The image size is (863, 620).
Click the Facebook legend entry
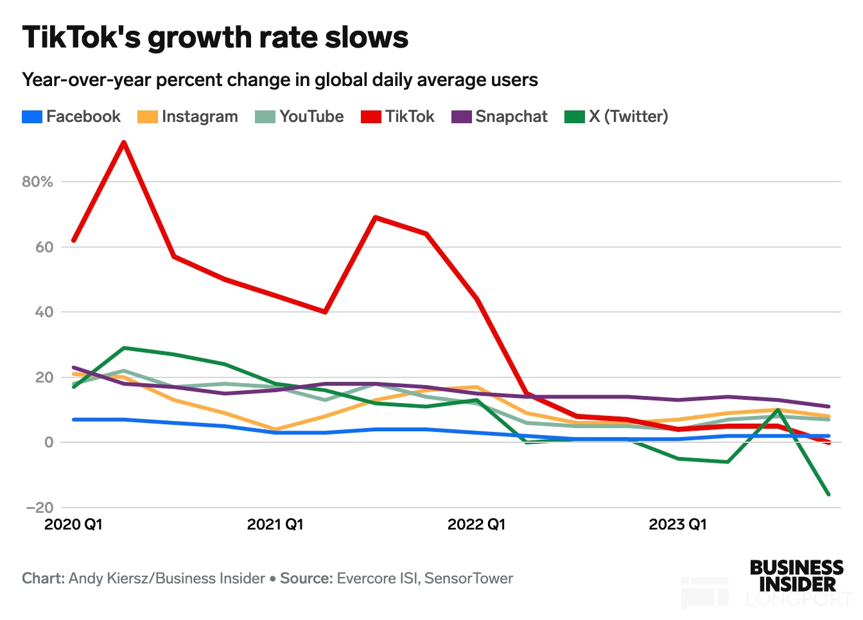(x=72, y=117)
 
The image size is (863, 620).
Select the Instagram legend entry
(x=188, y=117)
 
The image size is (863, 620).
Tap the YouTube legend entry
(x=300, y=117)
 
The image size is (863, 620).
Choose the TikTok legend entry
(x=398, y=117)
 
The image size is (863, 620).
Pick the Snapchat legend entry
(x=500, y=117)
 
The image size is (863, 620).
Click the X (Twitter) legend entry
(x=616, y=117)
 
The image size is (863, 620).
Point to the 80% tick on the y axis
(x=37, y=182)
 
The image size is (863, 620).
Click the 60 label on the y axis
(x=44, y=247)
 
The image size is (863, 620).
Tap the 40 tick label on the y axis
(x=44, y=313)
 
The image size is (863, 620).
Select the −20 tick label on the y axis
(x=40, y=508)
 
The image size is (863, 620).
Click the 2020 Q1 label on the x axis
(x=73, y=524)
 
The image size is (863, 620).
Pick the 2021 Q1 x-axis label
(x=275, y=524)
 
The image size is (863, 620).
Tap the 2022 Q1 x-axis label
(x=476, y=524)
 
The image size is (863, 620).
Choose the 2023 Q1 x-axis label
(x=677, y=524)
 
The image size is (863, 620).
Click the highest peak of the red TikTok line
(x=123, y=142)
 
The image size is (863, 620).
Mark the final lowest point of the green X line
(x=828, y=494)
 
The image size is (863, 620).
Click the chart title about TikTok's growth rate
(x=216, y=38)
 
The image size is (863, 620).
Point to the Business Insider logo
(x=796, y=576)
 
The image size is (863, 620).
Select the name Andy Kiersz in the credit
(x=107, y=578)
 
